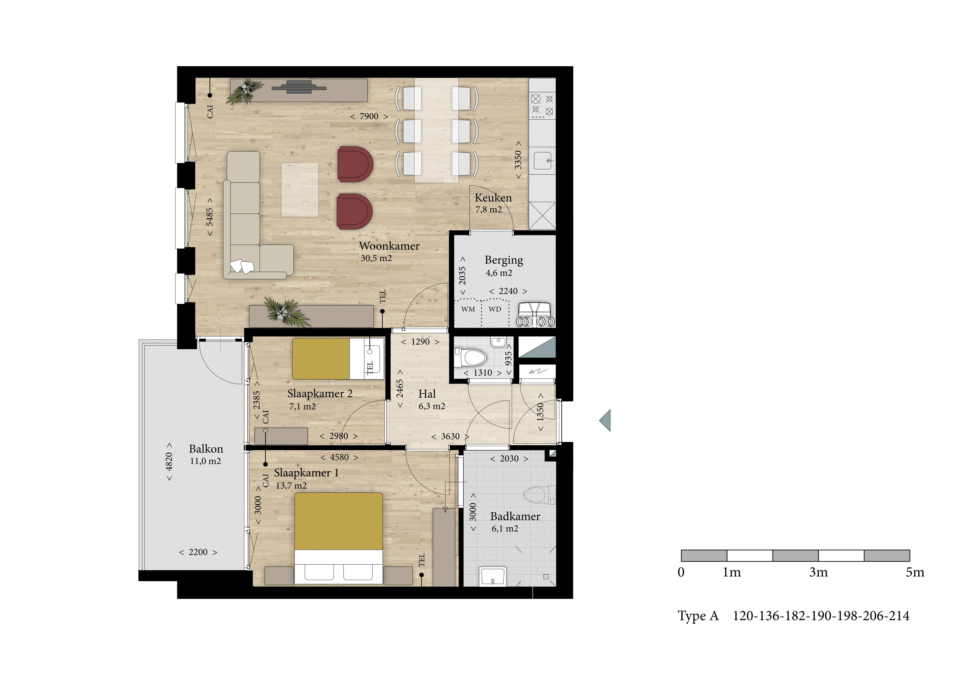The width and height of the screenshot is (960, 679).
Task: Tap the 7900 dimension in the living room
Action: pos(369,116)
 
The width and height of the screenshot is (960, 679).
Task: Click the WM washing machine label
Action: pos(468,309)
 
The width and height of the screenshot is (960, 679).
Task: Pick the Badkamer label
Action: pos(515,516)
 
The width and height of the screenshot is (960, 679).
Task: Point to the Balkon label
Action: pos(206,449)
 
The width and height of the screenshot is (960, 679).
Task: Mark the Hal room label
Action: pos(427,394)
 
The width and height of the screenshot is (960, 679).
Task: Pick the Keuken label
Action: pos(493,198)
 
